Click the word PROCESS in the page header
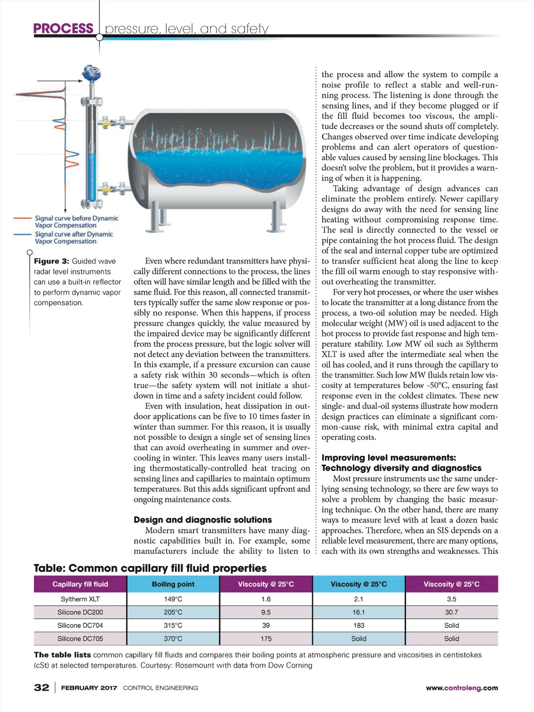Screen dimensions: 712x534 [x=63, y=28]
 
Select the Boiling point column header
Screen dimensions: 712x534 [x=173, y=584]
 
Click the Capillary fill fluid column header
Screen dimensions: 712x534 [x=80, y=584]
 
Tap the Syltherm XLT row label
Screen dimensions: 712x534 [x=80, y=599]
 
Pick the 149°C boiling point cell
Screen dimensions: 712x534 [x=173, y=599]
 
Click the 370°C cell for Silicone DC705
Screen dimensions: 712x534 [x=173, y=638]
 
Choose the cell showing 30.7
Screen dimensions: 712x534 [x=452, y=612]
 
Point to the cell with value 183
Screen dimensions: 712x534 [x=359, y=625]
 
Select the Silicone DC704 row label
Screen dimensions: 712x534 [x=80, y=625]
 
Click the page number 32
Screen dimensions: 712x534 [x=42, y=687]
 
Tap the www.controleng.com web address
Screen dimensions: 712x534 [x=462, y=688]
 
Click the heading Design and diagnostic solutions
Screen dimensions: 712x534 [x=203, y=520]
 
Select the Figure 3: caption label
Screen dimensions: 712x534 [x=52, y=261]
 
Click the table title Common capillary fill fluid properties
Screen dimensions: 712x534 [x=150, y=568]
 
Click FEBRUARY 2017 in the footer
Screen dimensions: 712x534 [x=89, y=688]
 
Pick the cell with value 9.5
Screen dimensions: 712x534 [x=266, y=612]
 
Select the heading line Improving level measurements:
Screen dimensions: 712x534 [x=389, y=457]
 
